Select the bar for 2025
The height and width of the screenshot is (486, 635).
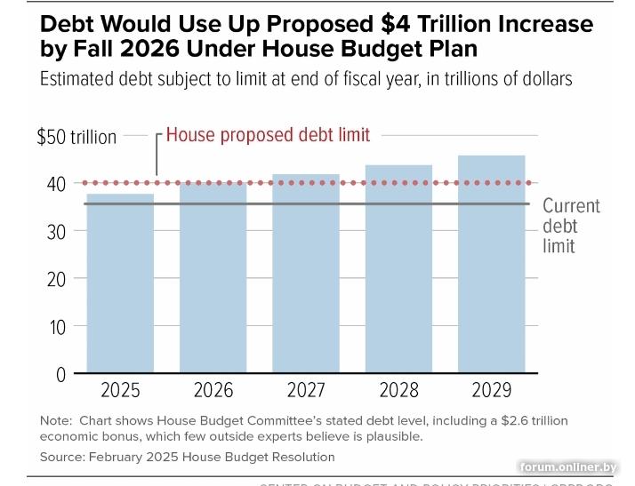point(120,284)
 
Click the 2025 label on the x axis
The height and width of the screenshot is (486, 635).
point(120,389)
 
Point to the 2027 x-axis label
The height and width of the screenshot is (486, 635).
point(306,389)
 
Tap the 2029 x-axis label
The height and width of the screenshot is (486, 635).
point(491,389)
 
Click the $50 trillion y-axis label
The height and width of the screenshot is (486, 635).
point(76,137)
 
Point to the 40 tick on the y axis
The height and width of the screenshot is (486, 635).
point(56,184)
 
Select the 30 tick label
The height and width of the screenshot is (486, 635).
point(56,231)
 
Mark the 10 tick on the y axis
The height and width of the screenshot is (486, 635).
point(57,327)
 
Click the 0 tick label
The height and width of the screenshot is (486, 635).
point(60,374)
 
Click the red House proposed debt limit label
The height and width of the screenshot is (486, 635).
point(268,135)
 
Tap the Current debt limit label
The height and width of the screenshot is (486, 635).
point(571,226)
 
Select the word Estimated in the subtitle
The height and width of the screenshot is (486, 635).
point(79,79)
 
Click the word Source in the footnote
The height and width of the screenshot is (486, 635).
point(61,457)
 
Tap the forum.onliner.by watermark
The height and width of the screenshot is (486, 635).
point(581,467)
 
